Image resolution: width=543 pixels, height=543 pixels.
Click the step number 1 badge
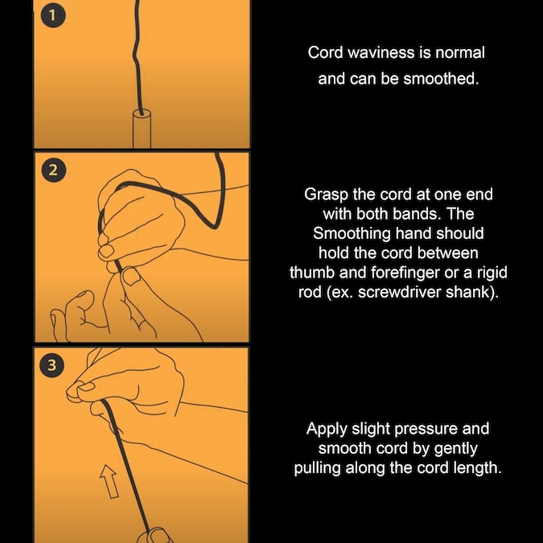52,15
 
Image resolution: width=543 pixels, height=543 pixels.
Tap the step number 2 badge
53,170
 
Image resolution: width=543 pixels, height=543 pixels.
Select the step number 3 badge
52,364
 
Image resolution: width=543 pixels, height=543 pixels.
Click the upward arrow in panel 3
109,481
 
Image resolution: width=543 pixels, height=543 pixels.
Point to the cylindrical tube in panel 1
142,129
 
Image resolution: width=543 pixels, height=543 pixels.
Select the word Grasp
327,195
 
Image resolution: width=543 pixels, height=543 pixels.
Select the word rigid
492,273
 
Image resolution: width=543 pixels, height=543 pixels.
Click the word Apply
327,430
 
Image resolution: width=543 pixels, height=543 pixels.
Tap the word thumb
312,272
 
